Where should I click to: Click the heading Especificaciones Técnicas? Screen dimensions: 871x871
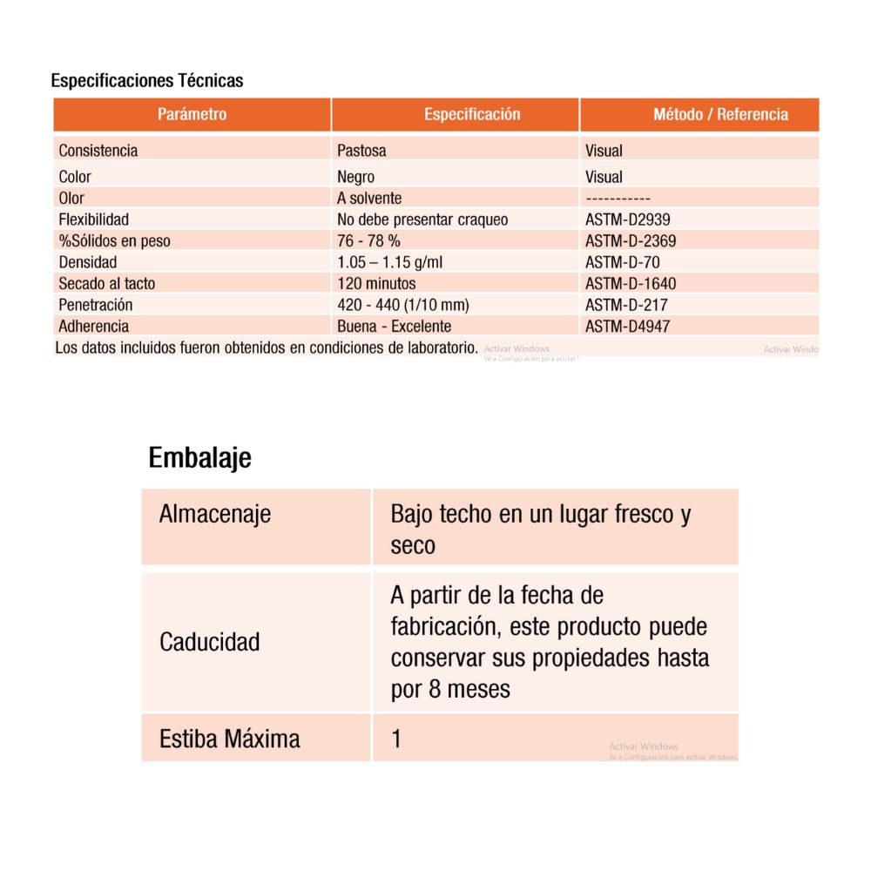[147, 81]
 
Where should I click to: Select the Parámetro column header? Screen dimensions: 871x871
[192, 114]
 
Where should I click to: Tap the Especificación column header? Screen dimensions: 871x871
[472, 114]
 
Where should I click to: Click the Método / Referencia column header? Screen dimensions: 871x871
[720, 114]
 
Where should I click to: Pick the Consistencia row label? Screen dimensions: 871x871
[98, 151]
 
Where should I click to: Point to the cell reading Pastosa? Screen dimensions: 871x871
[361, 151]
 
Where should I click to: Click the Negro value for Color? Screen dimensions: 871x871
[355, 177]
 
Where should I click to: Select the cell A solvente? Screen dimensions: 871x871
[369, 199]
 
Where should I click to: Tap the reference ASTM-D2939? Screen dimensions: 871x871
[628, 219]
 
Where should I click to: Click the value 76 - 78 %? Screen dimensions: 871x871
[368, 240]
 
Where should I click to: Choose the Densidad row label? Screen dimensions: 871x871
[88, 262]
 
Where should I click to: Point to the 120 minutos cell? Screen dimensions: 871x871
[376, 283]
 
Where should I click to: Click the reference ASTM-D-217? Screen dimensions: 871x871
[626, 305]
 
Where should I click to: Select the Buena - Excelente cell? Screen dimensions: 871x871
[394, 327]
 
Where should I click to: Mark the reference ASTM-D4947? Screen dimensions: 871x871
[628, 327]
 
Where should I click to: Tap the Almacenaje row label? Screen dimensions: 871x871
[215, 514]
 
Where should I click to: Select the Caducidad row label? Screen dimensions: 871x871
[210, 643]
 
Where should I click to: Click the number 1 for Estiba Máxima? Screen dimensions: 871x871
[397, 739]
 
